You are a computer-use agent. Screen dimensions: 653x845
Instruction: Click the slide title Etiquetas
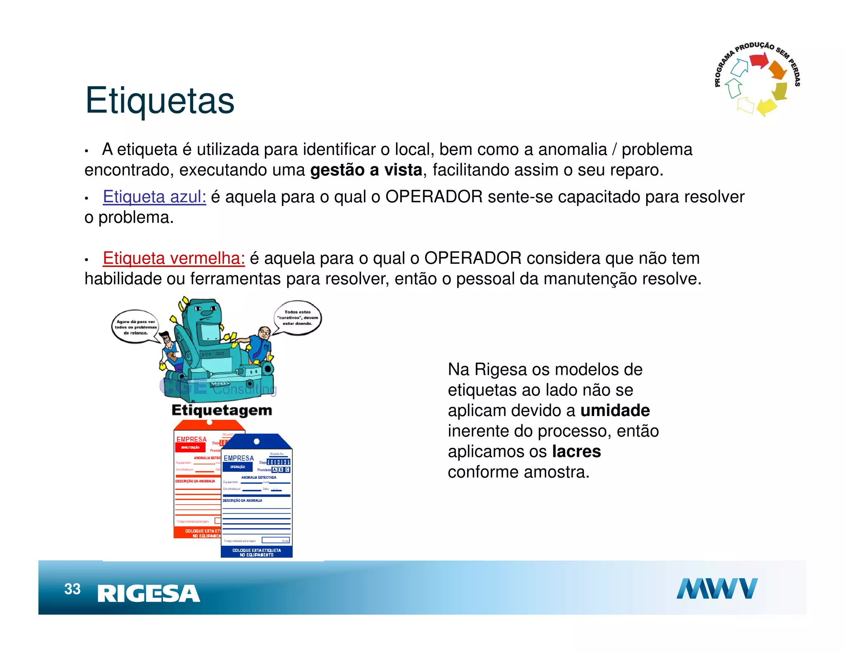(160, 100)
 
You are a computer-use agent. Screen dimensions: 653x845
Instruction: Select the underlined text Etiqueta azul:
(154, 196)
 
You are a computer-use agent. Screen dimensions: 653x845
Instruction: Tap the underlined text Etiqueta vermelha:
(174, 258)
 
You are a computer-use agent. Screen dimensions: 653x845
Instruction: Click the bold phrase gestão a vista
(366, 170)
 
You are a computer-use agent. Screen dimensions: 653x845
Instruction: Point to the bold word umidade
(615, 410)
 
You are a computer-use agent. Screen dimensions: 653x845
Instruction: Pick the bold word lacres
(576, 451)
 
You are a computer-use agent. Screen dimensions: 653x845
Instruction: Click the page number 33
(72, 589)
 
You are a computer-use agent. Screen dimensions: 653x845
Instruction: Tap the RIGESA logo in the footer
(149, 594)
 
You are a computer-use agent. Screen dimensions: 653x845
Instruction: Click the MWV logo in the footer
(717, 588)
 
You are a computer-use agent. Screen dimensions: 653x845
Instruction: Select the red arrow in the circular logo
(758, 61)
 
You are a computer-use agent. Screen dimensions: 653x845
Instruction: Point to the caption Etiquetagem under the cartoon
(222, 410)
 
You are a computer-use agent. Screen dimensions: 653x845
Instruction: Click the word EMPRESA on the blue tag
(238, 458)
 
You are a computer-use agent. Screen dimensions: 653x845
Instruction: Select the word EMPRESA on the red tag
(191, 439)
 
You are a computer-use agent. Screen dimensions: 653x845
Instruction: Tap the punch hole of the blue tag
(256, 441)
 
